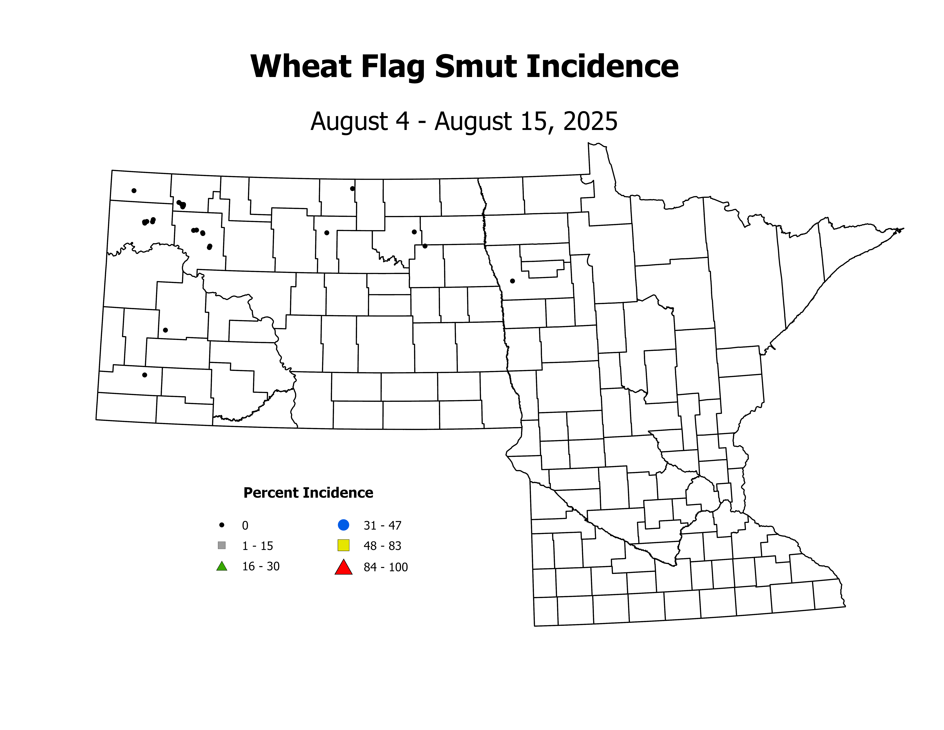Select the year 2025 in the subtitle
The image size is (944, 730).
[590, 122]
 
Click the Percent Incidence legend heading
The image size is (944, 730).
[308, 493]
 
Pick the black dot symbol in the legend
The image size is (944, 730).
[222, 525]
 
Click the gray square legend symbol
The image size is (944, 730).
[222, 545]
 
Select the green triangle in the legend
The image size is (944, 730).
[222, 566]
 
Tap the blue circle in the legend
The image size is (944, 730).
[343, 525]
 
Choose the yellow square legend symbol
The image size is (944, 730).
[343, 545]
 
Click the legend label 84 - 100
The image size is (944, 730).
[386, 567]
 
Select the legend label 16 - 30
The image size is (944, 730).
[261, 566]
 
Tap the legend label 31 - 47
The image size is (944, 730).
[382, 525]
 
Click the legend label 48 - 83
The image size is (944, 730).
[382, 546]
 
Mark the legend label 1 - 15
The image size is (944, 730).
[258, 546]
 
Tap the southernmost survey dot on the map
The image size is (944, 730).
[145, 375]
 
